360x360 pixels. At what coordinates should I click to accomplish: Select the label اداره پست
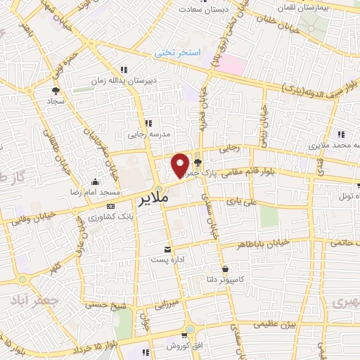click(x=166, y=259)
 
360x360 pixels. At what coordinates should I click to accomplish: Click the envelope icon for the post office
click(x=167, y=249)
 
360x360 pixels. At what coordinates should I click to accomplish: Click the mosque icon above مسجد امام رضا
click(x=95, y=182)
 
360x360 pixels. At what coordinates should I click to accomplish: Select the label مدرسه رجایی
click(x=148, y=133)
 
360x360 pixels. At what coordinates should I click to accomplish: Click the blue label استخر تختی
click(x=179, y=53)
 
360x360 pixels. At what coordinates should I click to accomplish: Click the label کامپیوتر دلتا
click(x=229, y=279)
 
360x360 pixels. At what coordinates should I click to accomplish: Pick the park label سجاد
click(x=56, y=101)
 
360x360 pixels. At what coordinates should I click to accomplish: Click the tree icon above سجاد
click(x=56, y=91)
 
